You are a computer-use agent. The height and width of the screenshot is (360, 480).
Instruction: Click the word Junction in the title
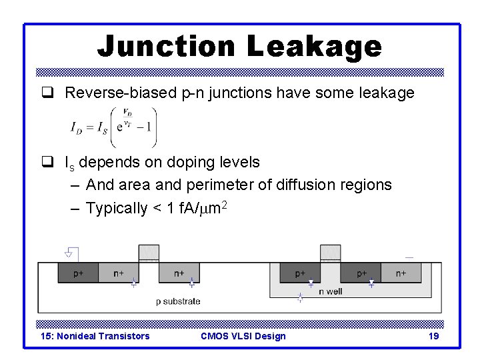pyautogui.click(x=167, y=47)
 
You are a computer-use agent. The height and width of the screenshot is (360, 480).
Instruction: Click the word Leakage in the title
pyautogui.click(x=314, y=47)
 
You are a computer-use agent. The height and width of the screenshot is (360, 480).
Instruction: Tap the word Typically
pyautogui.click(x=117, y=208)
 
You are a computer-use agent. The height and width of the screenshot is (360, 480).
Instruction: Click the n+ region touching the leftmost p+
pyautogui.click(x=119, y=273)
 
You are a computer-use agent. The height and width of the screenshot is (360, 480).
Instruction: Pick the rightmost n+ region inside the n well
pyautogui.click(x=401, y=273)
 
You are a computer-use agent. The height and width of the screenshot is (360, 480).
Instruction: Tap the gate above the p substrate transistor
pyautogui.click(x=149, y=253)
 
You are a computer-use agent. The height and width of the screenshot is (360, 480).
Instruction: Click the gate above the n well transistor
pyautogui.click(x=330, y=253)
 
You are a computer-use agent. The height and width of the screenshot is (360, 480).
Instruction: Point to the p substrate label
pyautogui.click(x=178, y=301)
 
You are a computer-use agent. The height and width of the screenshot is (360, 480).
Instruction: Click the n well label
pyautogui.click(x=331, y=291)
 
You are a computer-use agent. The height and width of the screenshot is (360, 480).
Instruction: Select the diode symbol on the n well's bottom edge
pyautogui.click(x=300, y=298)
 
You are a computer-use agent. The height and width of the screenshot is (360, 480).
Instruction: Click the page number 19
pyautogui.click(x=433, y=336)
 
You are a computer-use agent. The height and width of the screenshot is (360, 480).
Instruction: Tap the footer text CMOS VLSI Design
pyautogui.click(x=243, y=336)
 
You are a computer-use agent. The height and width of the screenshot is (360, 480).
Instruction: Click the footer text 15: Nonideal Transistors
pyautogui.click(x=95, y=336)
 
